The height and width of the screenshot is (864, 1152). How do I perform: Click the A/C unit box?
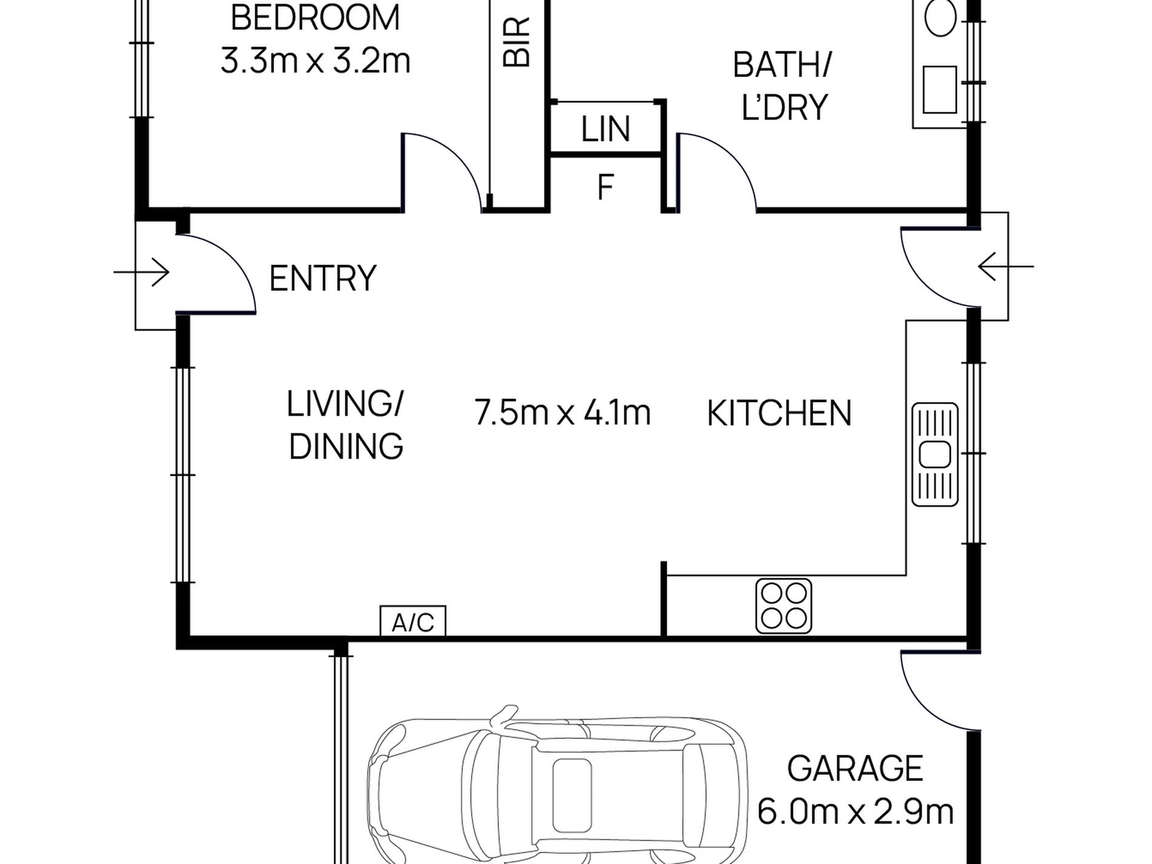413,621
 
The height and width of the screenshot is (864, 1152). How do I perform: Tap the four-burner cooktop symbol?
783,606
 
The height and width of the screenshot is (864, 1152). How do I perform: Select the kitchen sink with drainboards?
935,454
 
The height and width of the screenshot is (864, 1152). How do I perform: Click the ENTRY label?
323,278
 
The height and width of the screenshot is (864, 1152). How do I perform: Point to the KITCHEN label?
779,414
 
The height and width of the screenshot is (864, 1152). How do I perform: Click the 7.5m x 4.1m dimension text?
562,413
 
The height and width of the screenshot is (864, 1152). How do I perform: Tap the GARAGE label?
855,769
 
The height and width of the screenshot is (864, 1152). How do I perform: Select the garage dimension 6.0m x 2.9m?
856,812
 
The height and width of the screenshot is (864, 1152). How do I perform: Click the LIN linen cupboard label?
606,129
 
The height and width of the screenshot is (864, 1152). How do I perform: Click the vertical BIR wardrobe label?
517,41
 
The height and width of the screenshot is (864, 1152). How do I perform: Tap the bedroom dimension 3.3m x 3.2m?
315,61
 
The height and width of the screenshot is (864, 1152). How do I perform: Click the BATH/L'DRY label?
783,87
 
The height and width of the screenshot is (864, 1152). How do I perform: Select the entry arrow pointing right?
141,272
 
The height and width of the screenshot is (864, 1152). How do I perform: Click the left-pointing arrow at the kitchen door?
1006,267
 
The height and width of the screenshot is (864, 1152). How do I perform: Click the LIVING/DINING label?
346,425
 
